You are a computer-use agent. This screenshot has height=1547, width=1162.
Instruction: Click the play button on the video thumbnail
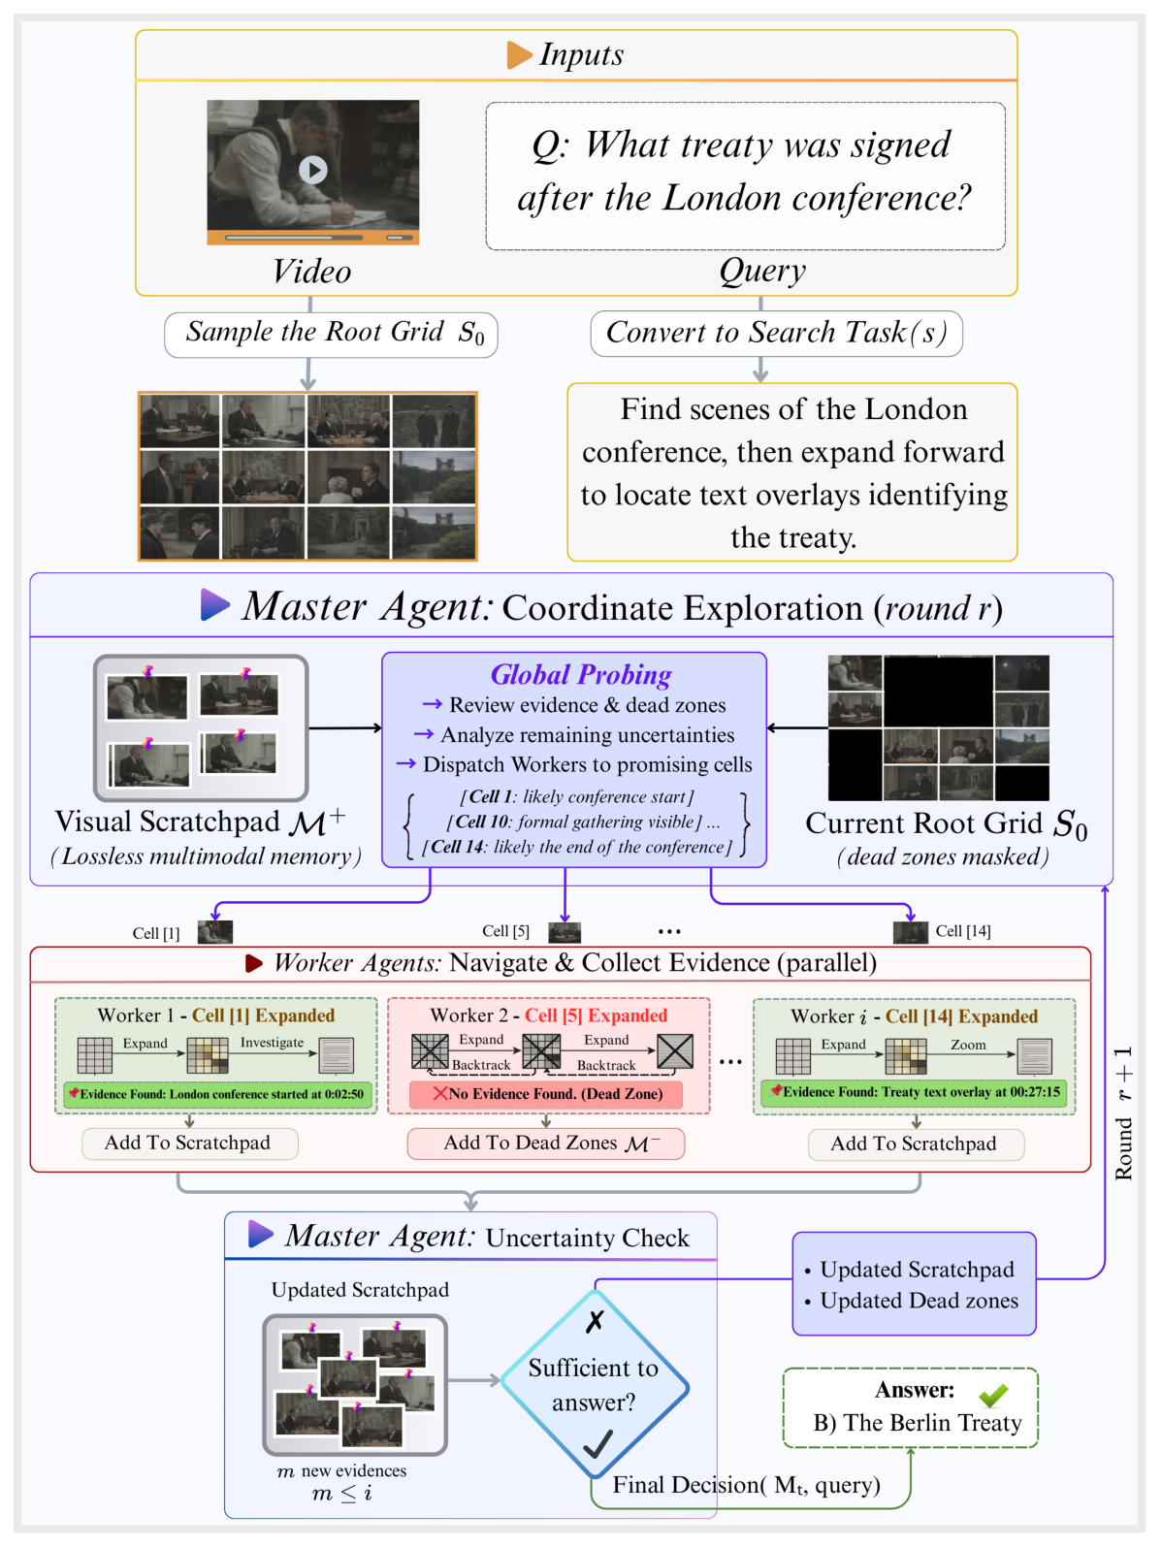click(312, 170)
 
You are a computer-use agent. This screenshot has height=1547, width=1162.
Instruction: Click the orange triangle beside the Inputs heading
click(519, 55)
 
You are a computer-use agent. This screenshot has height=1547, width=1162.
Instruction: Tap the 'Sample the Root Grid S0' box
click(331, 335)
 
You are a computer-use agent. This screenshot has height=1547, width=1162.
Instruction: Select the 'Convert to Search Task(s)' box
click(776, 334)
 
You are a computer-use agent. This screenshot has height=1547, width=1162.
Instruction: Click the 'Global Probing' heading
click(580, 675)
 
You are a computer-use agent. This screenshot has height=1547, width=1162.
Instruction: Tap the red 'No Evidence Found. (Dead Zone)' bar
click(546, 1094)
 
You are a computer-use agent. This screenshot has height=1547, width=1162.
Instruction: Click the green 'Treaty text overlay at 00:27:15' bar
click(914, 1092)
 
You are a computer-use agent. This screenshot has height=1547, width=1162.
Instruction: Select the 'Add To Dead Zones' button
click(546, 1144)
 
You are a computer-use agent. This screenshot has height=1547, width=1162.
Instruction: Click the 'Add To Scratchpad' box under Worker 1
click(188, 1144)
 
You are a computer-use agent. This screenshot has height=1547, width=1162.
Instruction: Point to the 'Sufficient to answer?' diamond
click(594, 1385)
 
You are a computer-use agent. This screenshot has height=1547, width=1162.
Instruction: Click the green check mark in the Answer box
click(992, 1395)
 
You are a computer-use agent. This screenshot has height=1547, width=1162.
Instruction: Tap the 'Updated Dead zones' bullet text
click(919, 1301)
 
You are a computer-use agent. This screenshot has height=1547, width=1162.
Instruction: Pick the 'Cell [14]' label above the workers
click(962, 931)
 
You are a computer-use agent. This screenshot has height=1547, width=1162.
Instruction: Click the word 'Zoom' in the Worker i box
click(967, 1045)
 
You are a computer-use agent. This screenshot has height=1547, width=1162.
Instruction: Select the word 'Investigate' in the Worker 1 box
click(272, 1043)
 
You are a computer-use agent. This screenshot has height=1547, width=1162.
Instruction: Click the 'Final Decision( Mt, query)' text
click(746, 1485)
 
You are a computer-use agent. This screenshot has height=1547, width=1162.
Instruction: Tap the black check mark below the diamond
click(597, 1445)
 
